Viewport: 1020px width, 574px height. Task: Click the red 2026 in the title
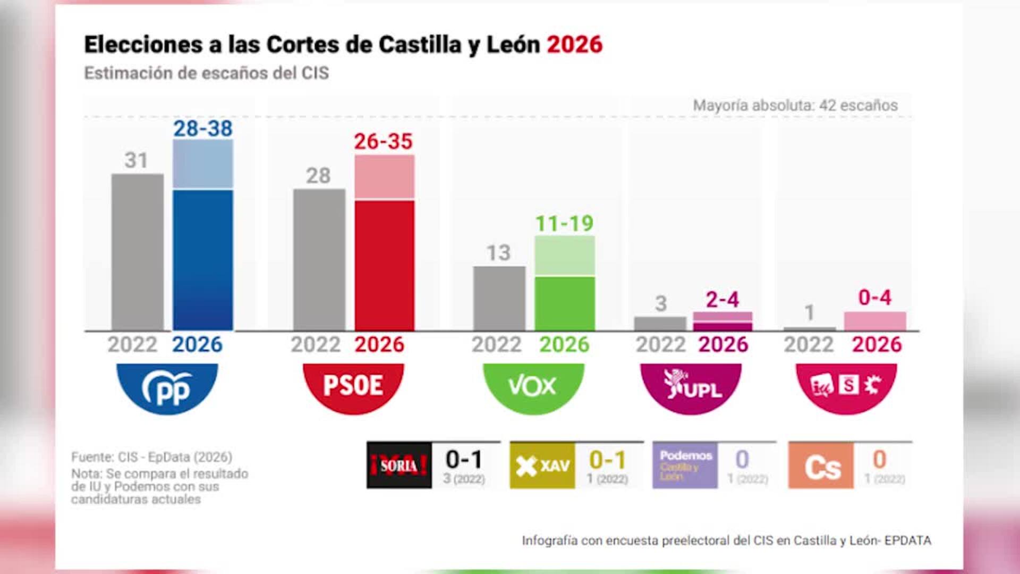pos(574,45)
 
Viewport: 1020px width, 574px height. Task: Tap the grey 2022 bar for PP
pos(138,252)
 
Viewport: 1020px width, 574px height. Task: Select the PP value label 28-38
pos(203,129)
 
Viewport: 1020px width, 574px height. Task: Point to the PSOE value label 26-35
pos(383,142)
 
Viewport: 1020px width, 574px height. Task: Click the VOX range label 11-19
pos(564,224)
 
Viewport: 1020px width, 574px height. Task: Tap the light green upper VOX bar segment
pos(564,255)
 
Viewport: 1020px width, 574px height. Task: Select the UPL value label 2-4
pos(722,300)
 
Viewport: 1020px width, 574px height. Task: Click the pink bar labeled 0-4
pos(874,321)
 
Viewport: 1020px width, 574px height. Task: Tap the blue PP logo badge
pos(167,387)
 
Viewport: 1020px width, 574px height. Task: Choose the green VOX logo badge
pos(533,386)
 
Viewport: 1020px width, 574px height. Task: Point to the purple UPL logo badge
pos(691,386)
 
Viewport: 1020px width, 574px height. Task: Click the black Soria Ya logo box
pos(399,466)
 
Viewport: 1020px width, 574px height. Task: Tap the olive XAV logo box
pos(542,466)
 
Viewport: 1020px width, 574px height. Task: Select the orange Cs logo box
pos(821,466)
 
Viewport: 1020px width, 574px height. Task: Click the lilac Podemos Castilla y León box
pos(685,466)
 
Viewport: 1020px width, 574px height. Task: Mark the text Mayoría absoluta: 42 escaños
pos(795,105)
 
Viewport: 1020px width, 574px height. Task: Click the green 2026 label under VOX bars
pos(564,344)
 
